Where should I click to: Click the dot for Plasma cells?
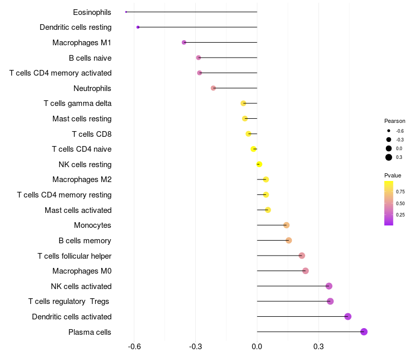click(x=364, y=332)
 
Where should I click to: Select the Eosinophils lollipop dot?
click(x=126, y=12)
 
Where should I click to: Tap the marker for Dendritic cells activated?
click(x=348, y=316)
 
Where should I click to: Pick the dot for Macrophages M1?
click(x=184, y=42)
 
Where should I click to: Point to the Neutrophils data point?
click(x=213, y=88)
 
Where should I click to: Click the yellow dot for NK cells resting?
click(x=259, y=164)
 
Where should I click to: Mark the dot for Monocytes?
click(x=286, y=225)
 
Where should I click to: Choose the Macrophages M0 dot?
click(x=305, y=271)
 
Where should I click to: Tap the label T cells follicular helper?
click(x=74, y=256)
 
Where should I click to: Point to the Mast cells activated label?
click(x=78, y=210)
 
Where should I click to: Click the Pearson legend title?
click(x=395, y=121)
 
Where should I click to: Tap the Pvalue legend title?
click(x=393, y=175)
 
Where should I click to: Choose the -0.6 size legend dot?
click(x=389, y=131)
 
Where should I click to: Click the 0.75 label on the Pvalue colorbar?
click(x=400, y=191)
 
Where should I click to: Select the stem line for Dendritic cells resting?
click(x=198, y=27)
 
